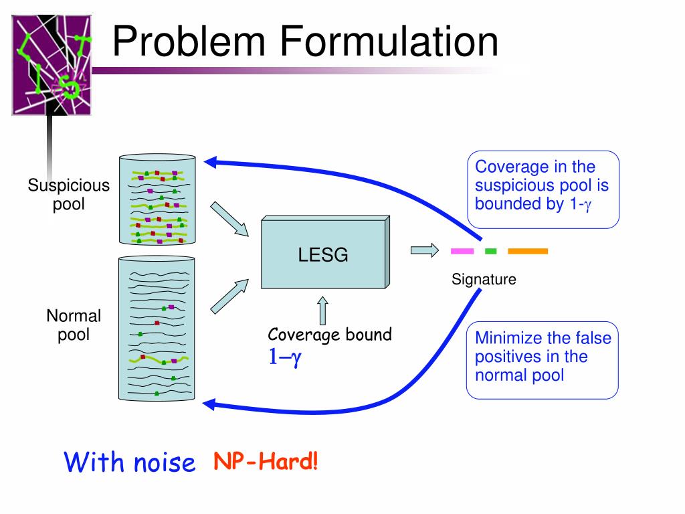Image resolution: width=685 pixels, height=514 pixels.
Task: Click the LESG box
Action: (x=322, y=255)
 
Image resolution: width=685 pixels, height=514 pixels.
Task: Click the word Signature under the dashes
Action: (x=484, y=280)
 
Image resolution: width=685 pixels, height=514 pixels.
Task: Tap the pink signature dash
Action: (x=462, y=252)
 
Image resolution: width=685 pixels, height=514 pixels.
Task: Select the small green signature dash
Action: (x=490, y=252)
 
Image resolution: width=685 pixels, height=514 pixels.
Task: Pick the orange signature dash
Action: (x=528, y=252)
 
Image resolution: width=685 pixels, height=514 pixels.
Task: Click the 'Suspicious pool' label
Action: (x=68, y=194)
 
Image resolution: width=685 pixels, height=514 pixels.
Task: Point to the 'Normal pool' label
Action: (x=74, y=325)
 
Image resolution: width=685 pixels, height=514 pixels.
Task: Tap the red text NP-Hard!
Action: (x=266, y=461)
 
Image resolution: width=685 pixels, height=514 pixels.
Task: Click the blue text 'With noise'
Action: (x=130, y=462)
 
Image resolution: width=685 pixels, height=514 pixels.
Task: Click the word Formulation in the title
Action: (x=389, y=41)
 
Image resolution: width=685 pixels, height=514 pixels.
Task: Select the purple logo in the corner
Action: (x=51, y=66)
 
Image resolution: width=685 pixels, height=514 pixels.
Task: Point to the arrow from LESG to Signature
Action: (x=421, y=251)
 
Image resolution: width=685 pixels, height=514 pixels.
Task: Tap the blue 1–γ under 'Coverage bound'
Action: (x=286, y=357)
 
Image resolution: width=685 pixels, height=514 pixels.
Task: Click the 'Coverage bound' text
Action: (x=330, y=335)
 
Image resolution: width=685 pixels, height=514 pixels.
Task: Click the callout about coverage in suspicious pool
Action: (x=543, y=189)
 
